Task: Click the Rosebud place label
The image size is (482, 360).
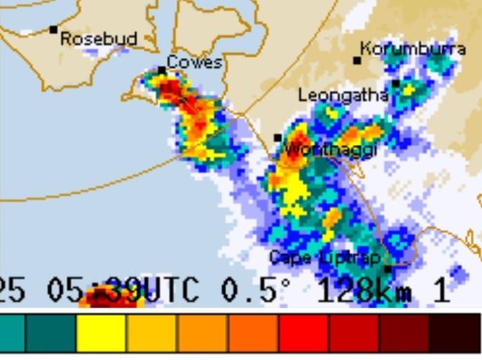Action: pyautogui.click(x=99, y=39)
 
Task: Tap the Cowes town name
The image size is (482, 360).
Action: pyautogui.click(x=194, y=62)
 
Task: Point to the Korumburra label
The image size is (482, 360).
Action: pyautogui.click(x=413, y=49)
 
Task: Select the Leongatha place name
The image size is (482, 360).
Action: pyautogui.click(x=343, y=95)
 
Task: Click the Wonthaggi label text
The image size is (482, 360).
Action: pyautogui.click(x=331, y=149)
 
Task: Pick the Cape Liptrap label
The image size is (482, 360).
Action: pyautogui.click(x=324, y=258)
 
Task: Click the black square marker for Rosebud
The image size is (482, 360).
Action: pyautogui.click(x=53, y=30)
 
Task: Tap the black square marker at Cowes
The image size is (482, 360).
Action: pyautogui.click(x=161, y=70)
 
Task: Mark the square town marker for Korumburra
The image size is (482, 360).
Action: pyautogui.click(x=357, y=61)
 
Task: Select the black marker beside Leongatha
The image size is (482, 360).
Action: pyautogui.click(x=396, y=84)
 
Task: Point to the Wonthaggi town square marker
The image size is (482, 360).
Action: pyautogui.click(x=277, y=138)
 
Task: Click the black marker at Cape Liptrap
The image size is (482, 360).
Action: pyautogui.click(x=387, y=269)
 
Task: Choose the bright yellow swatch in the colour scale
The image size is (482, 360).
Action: pyautogui.click(x=101, y=334)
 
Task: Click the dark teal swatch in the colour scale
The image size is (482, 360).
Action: pyautogui.click(x=50, y=334)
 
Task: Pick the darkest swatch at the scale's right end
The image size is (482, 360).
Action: pyautogui.click(x=454, y=334)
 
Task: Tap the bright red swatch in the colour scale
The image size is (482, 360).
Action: pyautogui.click(x=304, y=334)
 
